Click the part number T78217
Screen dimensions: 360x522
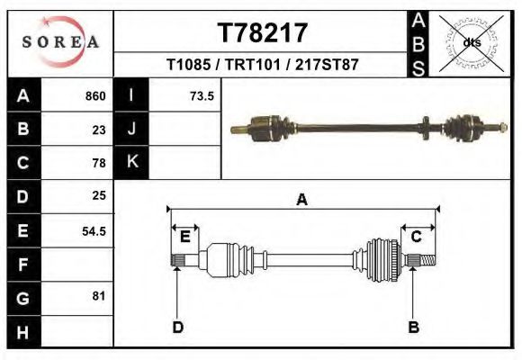pyautogui.click(x=262, y=33)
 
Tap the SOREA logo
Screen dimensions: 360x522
pyautogui.click(x=60, y=42)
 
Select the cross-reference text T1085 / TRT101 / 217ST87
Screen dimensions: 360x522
pyautogui.click(x=262, y=65)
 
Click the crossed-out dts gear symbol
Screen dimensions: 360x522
pyautogui.click(x=471, y=42)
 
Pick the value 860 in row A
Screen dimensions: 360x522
pyautogui.click(x=94, y=96)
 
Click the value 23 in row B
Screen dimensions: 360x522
pyautogui.click(x=99, y=130)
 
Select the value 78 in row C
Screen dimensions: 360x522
pyautogui.click(x=99, y=164)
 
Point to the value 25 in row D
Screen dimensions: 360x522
pyautogui.click(x=99, y=196)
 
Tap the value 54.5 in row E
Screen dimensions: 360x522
pyautogui.click(x=94, y=230)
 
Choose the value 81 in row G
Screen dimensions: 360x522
pyautogui.click(x=99, y=296)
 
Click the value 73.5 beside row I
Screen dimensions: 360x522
pyautogui.click(x=202, y=96)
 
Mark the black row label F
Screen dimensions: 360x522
pyautogui.click(x=23, y=265)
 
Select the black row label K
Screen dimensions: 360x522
pyautogui.click(x=132, y=162)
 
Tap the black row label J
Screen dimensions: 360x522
pyautogui.click(x=132, y=129)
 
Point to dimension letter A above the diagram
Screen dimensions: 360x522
pyautogui.click(x=302, y=200)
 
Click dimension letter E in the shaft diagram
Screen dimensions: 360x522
pyautogui.click(x=184, y=237)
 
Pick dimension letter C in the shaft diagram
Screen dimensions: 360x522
pyautogui.click(x=417, y=237)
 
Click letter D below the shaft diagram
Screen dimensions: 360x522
pyautogui.click(x=177, y=327)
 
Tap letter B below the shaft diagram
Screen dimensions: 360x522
pyautogui.click(x=414, y=327)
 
